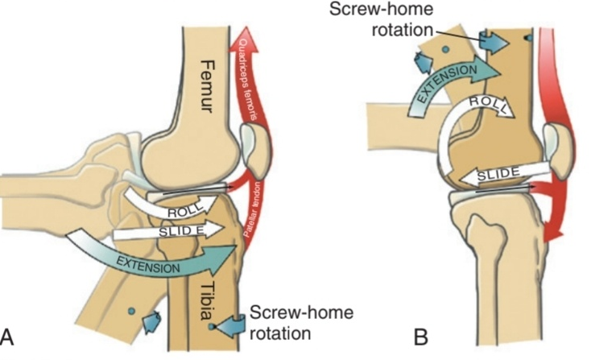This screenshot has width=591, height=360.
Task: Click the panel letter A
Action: [10, 335]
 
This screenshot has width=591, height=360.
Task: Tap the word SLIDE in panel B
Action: [491, 174]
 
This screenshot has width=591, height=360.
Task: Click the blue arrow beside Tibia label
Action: [229, 325]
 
